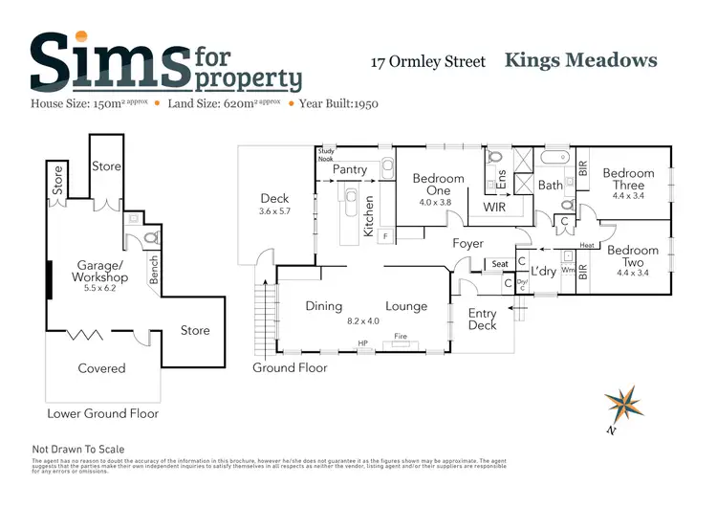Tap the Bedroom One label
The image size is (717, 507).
(438, 184)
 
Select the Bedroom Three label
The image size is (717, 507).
(628, 179)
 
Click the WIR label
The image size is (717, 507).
(494, 207)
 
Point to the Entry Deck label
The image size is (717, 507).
(482, 320)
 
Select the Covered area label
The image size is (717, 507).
(101, 368)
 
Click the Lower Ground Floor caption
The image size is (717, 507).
(103, 413)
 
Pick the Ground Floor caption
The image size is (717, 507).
(290, 367)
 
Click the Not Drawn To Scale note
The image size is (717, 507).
(78, 449)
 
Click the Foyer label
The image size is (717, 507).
(467, 244)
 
